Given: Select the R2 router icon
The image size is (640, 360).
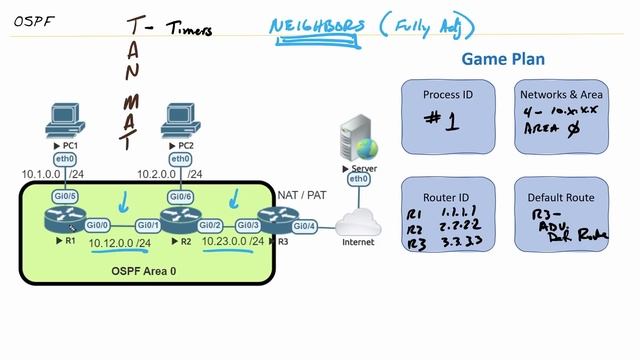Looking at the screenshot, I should point(181,221).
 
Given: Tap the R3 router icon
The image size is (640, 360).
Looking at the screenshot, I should point(275,220).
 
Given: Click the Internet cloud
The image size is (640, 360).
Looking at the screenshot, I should point(358,221).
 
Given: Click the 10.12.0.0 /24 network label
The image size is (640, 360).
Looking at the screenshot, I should point(120,242).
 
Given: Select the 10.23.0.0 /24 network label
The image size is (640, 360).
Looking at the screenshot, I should point(232,242).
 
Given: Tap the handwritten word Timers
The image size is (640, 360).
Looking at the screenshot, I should point(190,29).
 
